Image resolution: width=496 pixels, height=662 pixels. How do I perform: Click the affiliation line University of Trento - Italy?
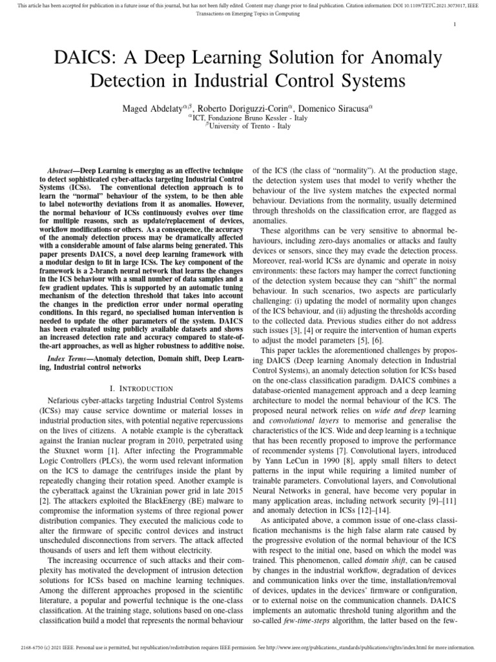tap(248, 127)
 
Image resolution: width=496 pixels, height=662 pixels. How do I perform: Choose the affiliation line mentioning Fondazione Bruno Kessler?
tap(248, 118)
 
